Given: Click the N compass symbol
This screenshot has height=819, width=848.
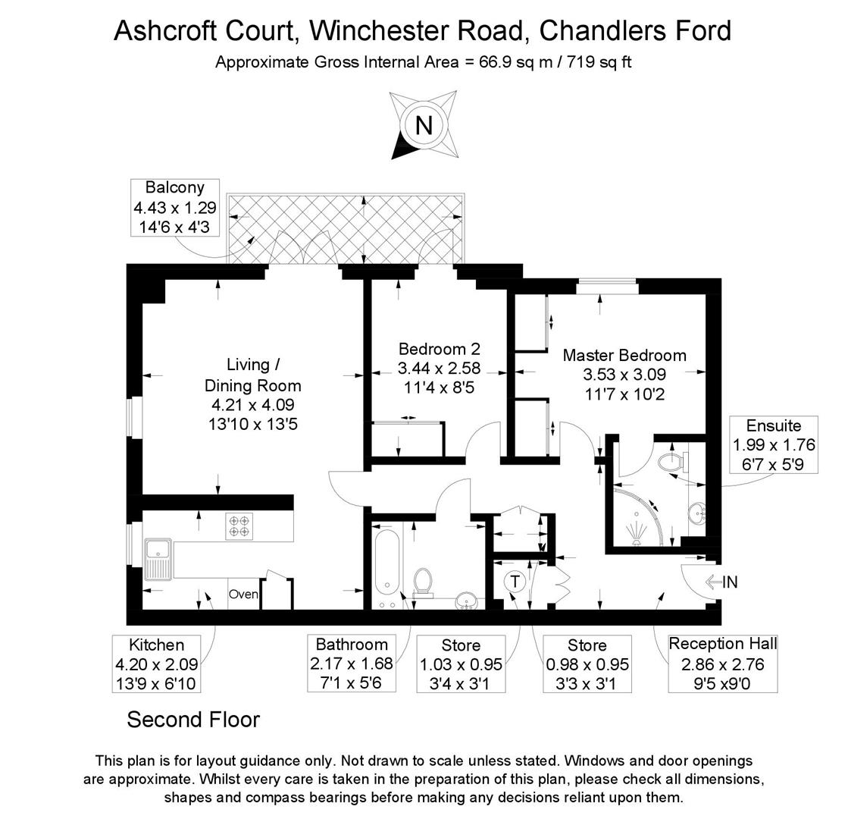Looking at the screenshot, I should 423,124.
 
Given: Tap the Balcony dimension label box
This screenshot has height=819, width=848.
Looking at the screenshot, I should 175,207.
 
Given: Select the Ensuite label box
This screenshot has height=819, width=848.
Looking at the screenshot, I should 773,444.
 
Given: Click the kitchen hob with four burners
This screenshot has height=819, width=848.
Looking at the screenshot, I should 239,526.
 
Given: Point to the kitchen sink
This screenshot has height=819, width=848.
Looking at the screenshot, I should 159,559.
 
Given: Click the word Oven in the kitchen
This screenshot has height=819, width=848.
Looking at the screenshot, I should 243,595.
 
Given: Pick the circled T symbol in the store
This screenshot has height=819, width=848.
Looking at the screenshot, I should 515,582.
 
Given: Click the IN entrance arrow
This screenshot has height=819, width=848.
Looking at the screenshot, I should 721,582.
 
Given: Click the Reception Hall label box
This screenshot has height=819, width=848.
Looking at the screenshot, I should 723,664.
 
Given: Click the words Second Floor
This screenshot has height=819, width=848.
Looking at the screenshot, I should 193,719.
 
